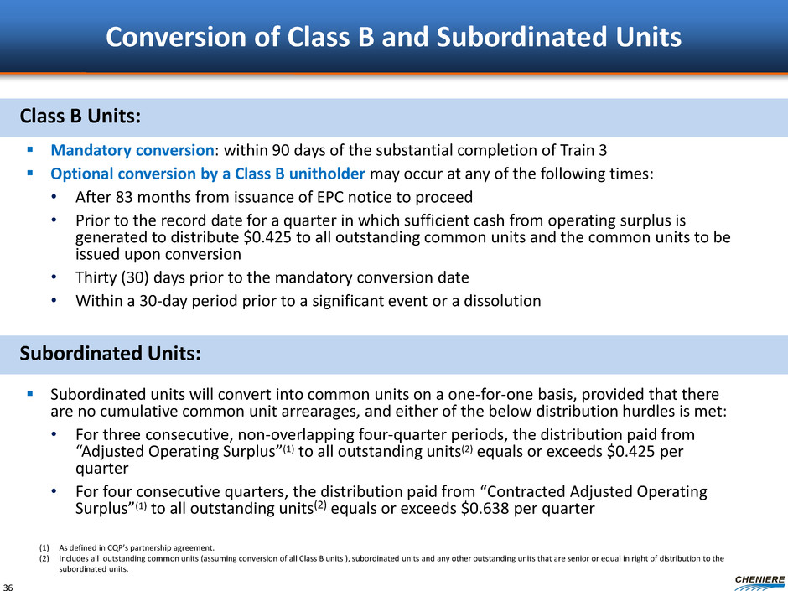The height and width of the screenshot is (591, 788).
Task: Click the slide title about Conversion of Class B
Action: pos(393,37)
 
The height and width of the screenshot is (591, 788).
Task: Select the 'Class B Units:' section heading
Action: pos(80,116)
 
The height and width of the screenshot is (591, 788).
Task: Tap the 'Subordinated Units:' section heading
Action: pos(110,353)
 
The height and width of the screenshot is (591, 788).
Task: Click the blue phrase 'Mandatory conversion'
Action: pos(132,150)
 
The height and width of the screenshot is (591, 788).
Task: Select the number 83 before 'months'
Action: pos(124,197)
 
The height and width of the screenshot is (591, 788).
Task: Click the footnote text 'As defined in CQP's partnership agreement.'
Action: pos(137,547)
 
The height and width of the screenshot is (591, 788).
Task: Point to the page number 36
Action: pos(8,587)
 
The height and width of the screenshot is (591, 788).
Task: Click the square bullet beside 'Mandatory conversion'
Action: pos(30,149)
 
